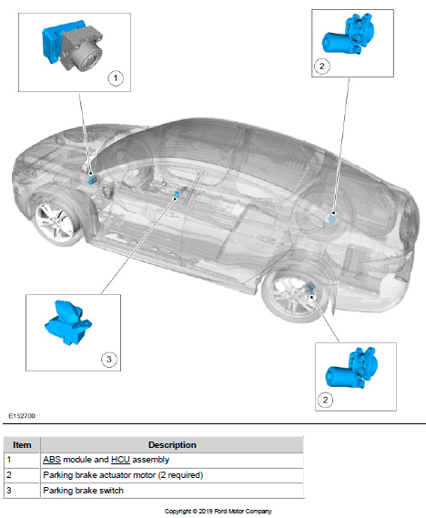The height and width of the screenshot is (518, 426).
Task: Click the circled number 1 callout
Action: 116,78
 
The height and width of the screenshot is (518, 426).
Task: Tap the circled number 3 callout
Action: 108,359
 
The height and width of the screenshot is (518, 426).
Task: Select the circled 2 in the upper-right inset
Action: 322,66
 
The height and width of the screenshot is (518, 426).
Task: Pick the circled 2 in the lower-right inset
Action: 325,400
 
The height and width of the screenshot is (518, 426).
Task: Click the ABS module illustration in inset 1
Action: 72,45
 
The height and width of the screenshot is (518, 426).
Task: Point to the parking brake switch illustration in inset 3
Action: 68,323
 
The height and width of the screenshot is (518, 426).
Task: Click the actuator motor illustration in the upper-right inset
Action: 349,34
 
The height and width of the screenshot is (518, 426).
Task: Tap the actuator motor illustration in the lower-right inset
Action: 352,368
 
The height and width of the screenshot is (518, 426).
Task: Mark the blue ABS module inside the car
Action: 92,178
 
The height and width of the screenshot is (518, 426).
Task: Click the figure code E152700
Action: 22,416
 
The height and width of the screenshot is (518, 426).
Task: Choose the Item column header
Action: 22,444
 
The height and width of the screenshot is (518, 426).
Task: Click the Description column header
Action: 172,444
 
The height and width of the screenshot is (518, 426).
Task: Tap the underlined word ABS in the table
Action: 52,460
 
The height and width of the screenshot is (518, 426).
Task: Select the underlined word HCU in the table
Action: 120,460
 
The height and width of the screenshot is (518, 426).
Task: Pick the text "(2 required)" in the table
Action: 180,475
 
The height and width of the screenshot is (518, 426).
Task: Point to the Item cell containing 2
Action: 22,475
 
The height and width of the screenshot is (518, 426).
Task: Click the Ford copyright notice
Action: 218,511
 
